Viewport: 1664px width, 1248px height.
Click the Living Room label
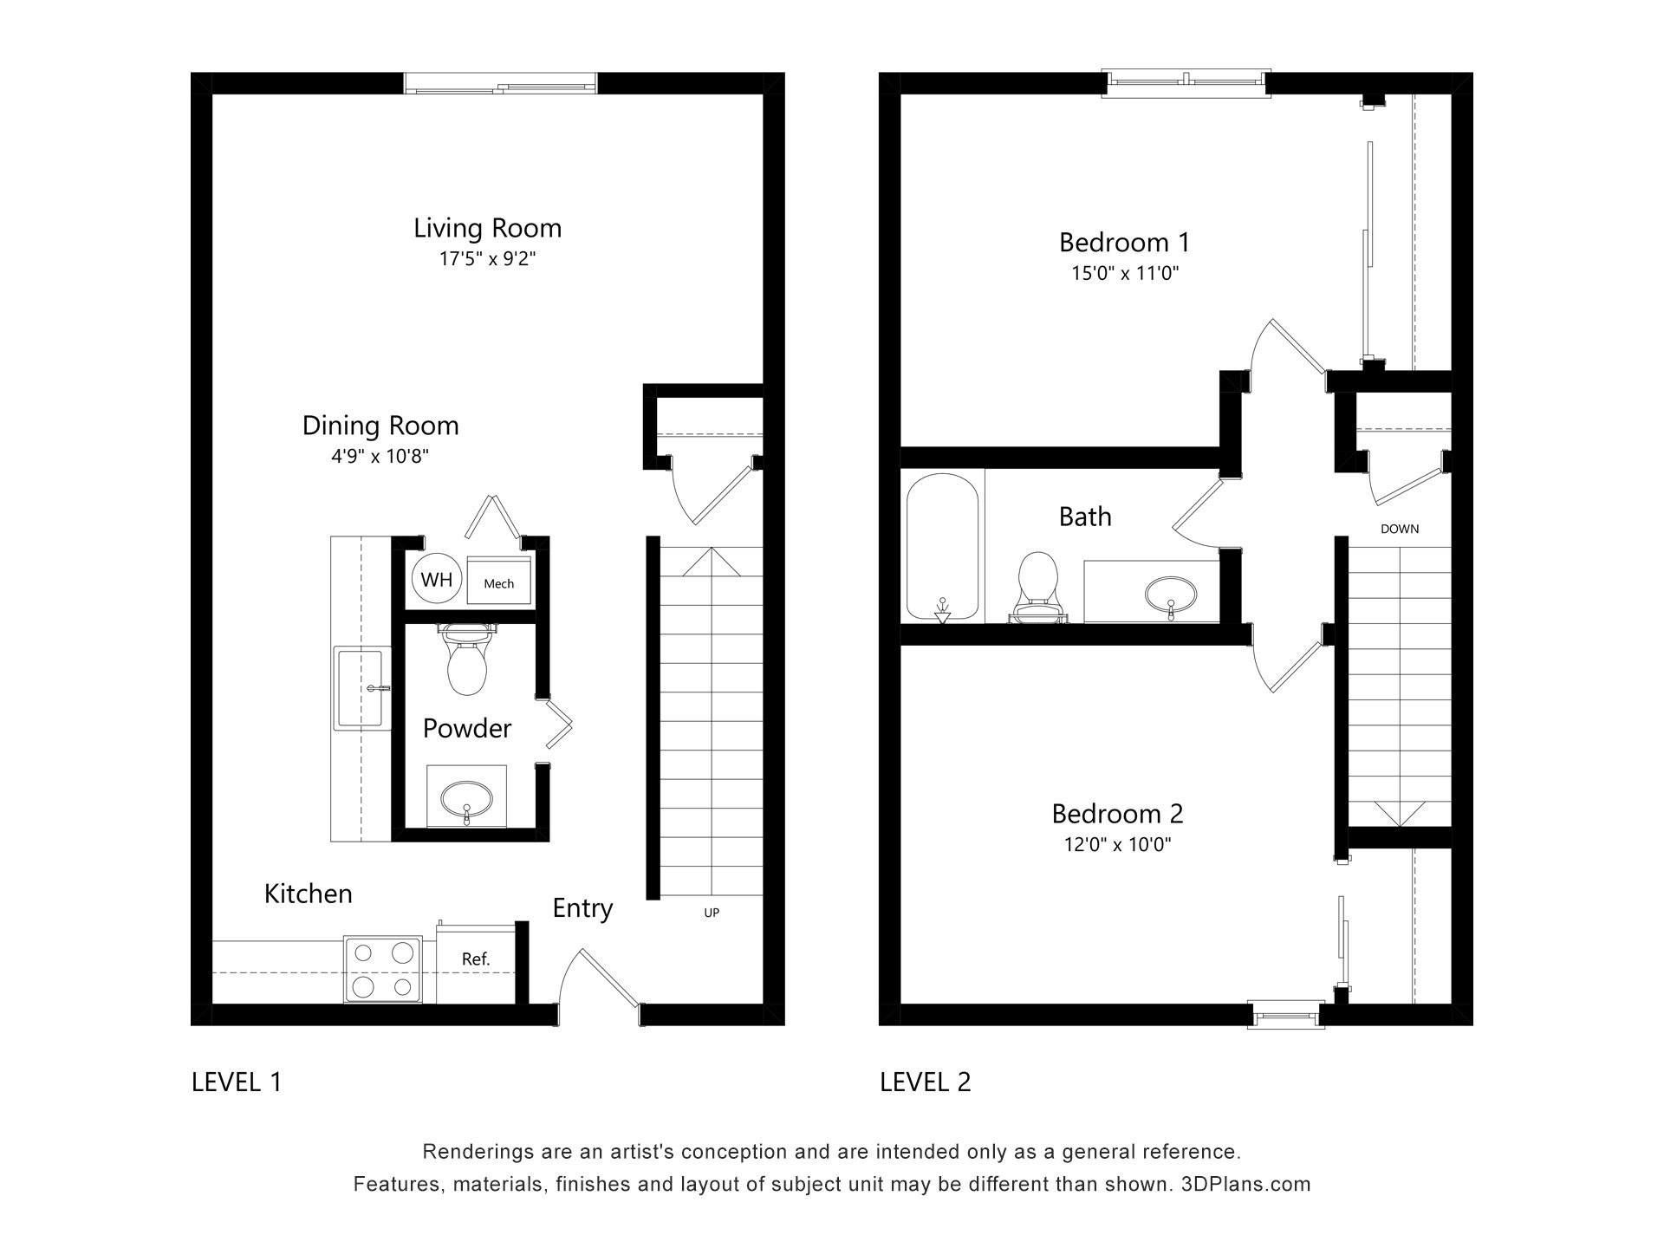487,228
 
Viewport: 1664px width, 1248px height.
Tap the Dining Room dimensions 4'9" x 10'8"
380,456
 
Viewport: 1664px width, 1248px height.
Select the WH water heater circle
437,578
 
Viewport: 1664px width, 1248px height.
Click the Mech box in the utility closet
498,581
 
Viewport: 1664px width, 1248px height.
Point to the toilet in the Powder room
469,659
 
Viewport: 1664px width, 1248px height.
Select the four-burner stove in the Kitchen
383,969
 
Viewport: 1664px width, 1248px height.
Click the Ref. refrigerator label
476,959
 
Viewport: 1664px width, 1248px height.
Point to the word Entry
582,908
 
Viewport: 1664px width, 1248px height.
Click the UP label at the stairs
712,913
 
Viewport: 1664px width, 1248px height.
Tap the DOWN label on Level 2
1400,529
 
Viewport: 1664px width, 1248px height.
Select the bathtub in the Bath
942,547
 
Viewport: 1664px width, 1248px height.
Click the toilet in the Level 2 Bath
1037,587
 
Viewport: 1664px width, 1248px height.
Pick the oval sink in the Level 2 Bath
1170,595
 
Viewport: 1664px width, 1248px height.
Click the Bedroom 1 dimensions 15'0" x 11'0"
1125,273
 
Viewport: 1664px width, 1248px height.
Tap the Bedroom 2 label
1117,813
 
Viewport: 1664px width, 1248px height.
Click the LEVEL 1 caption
237,1082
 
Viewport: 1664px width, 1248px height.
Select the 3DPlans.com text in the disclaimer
1245,1184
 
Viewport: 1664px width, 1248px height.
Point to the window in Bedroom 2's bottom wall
1286,1014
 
